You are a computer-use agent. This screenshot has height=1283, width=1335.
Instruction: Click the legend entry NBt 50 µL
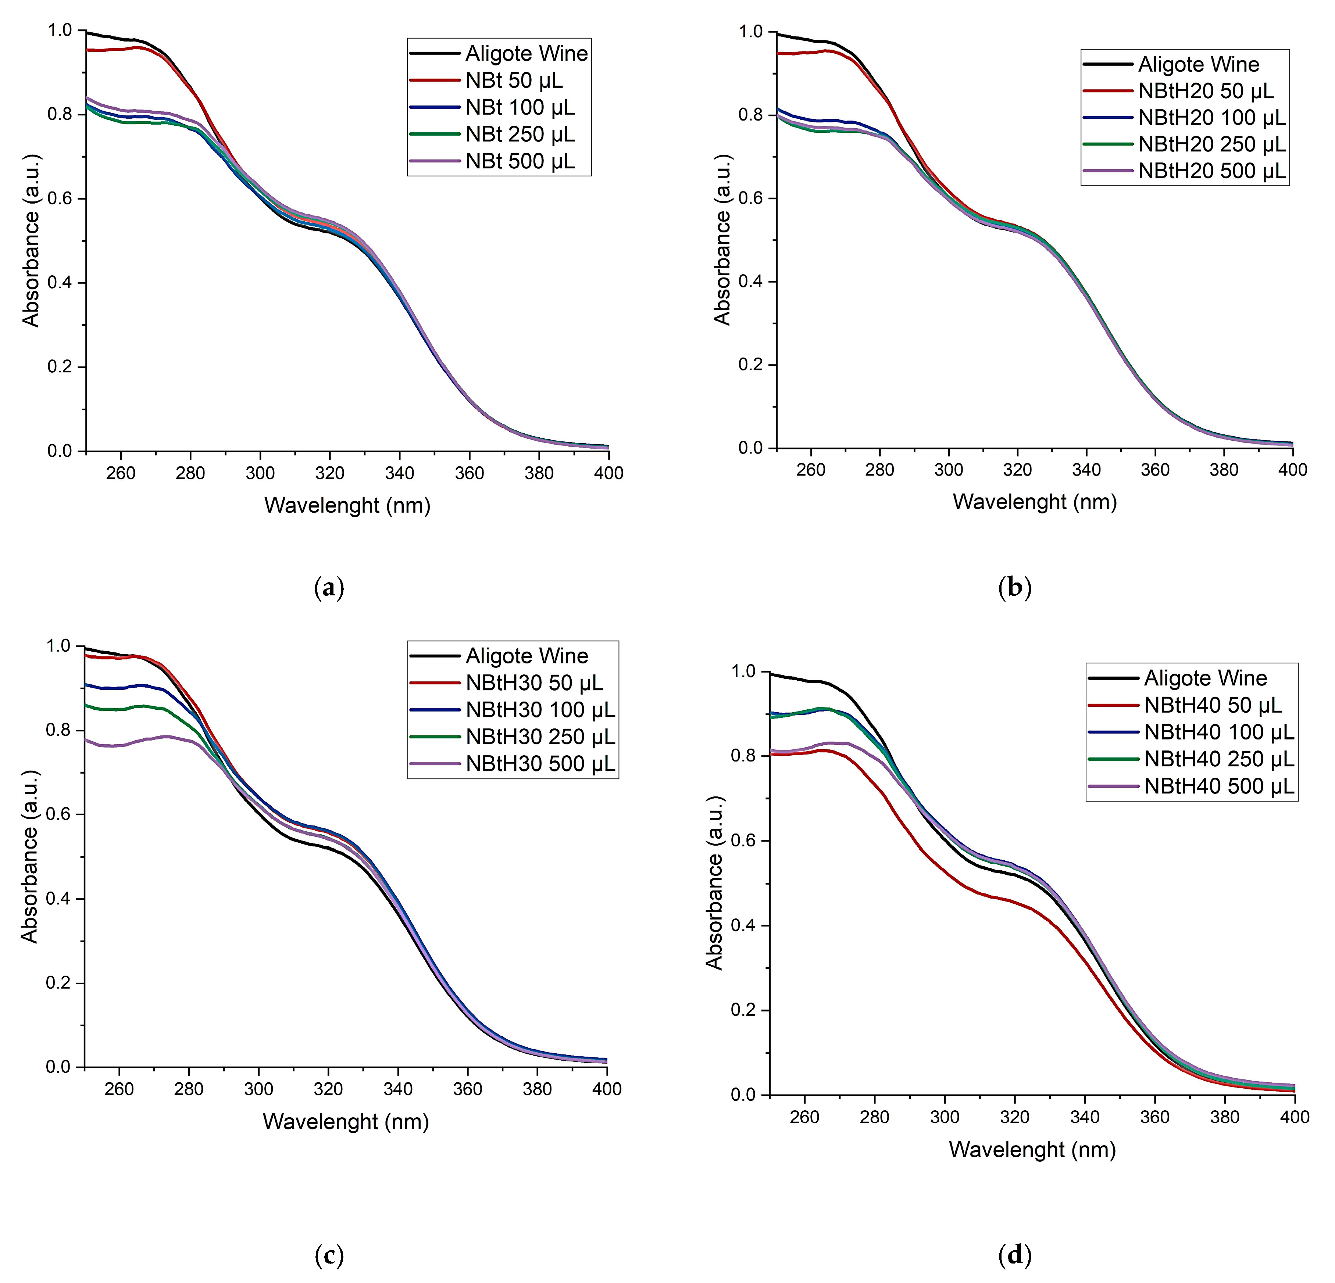click(514, 80)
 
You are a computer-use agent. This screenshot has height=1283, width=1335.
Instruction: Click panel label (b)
click(1014, 587)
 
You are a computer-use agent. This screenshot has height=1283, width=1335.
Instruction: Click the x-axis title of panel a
click(347, 505)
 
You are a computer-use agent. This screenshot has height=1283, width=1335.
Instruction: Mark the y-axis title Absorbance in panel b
click(722, 240)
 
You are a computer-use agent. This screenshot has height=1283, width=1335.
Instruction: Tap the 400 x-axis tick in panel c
click(606, 1089)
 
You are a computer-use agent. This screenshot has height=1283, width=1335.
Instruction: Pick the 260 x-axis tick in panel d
click(804, 1117)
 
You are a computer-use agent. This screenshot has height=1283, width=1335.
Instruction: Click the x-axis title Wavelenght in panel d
click(1032, 1150)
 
